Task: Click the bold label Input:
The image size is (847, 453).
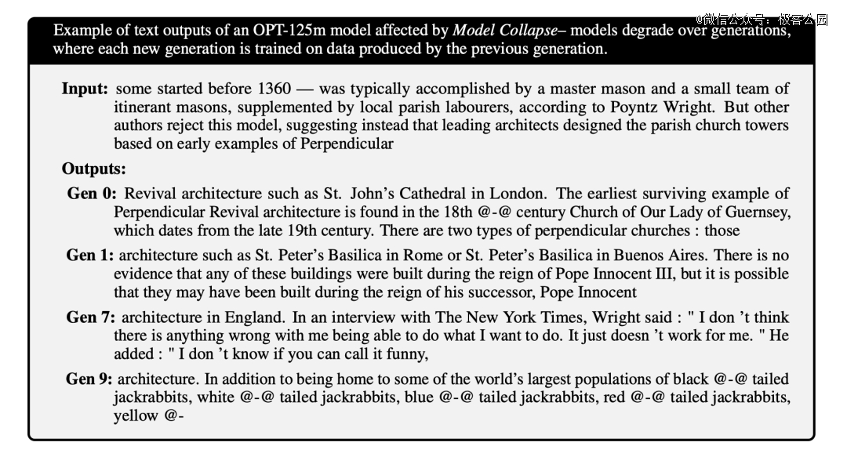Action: (x=85, y=89)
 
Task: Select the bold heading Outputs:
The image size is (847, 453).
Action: (x=93, y=169)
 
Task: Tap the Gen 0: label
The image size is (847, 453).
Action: (x=91, y=194)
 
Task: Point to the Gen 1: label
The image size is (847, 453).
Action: (x=89, y=255)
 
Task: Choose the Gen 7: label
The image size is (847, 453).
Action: (x=91, y=317)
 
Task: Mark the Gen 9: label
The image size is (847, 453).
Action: (x=89, y=379)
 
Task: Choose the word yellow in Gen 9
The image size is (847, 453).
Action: (x=136, y=416)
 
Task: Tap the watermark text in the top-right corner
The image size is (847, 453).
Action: (x=761, y=20)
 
